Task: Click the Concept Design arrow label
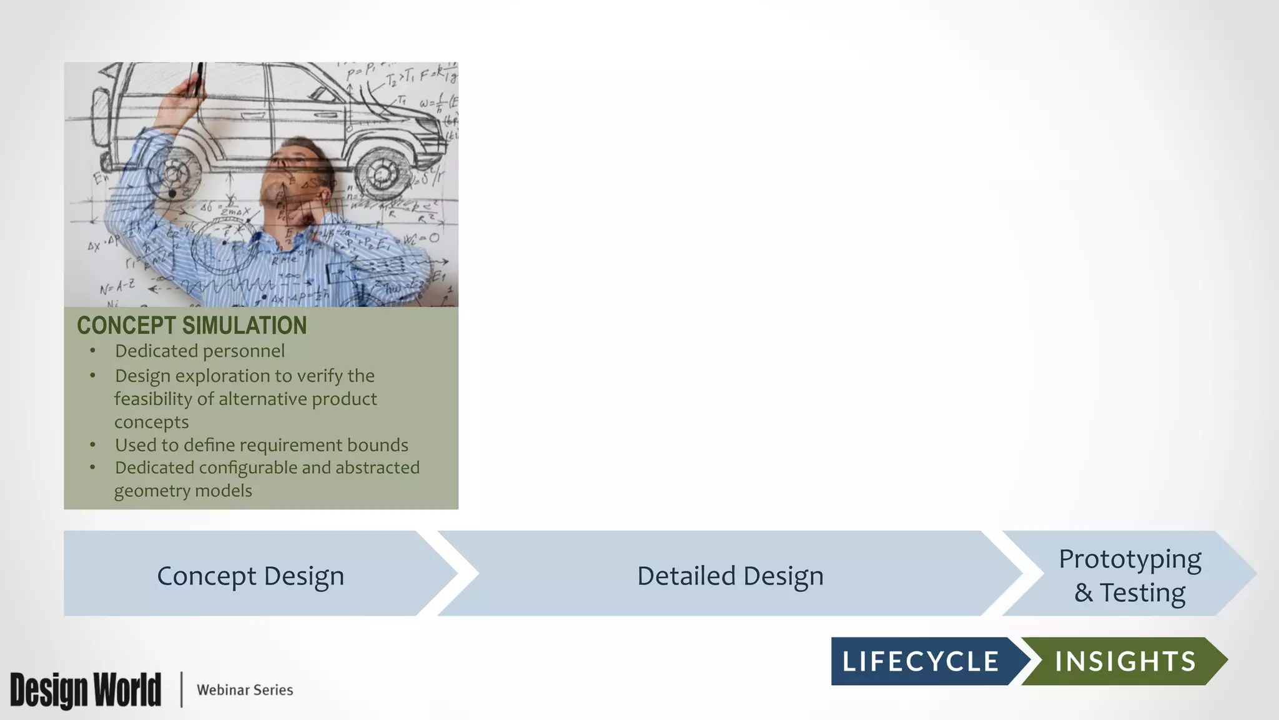250,576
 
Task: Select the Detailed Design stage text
730,576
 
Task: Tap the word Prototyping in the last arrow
1130,559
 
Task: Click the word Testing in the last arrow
1142,592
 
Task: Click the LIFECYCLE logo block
921,661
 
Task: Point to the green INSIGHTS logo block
1125,661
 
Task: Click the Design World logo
86,690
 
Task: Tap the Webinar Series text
245,690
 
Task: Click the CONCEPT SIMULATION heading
192,326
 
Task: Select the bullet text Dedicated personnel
200,351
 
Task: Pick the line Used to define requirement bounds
261,445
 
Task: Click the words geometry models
183,491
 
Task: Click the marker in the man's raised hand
199,78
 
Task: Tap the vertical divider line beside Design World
182,689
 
